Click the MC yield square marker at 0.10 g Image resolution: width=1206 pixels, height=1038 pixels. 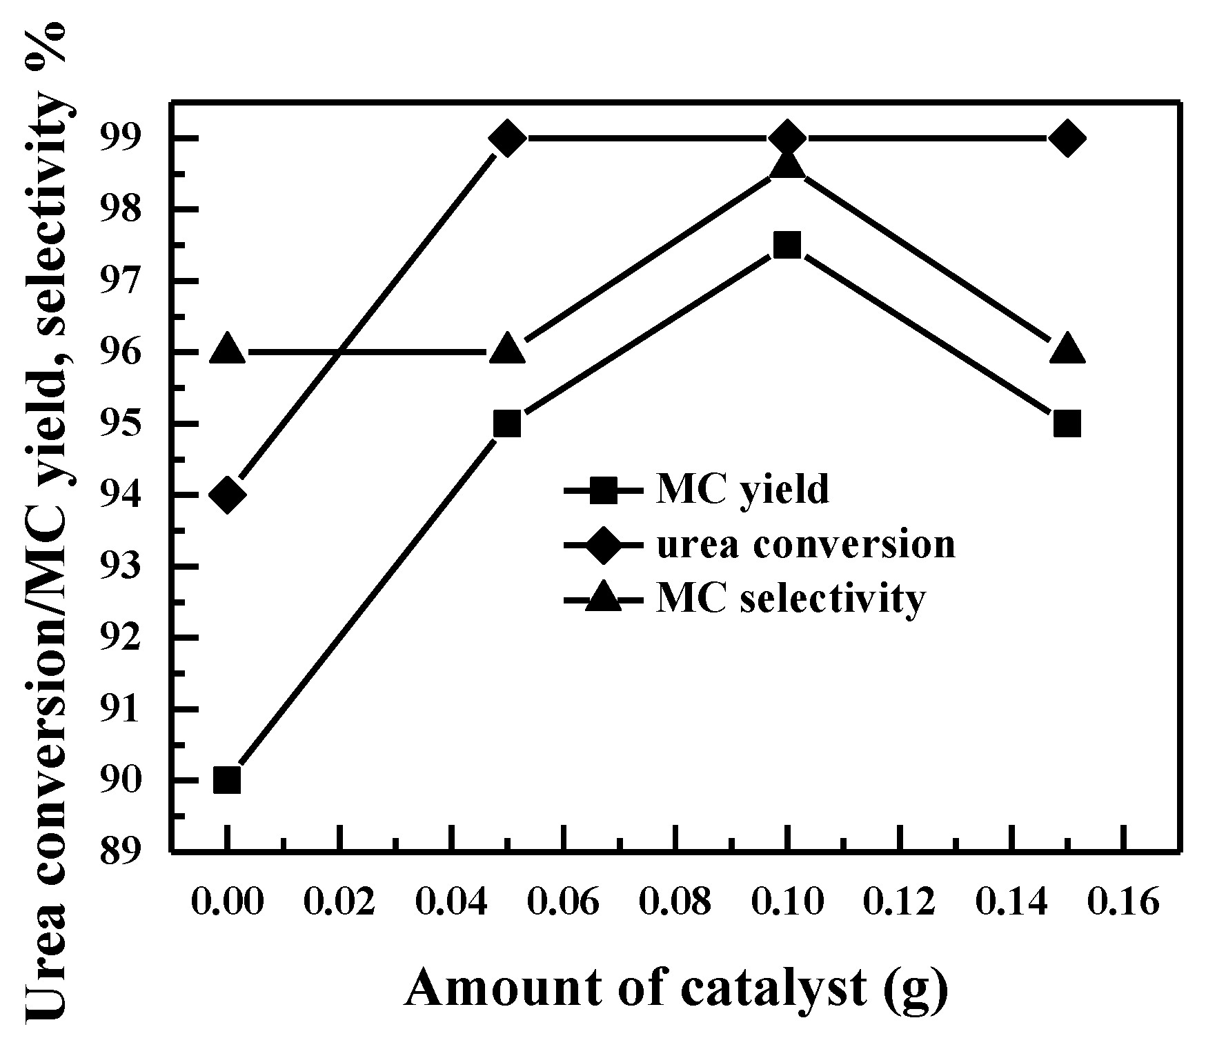(787, 246)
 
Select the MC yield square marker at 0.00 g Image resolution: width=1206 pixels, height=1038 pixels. (228, 781)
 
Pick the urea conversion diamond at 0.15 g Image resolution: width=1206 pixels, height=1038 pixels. (1067, 138)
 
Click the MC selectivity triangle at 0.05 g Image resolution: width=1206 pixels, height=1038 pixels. (508, 349)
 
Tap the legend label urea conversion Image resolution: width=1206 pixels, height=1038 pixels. (805, 545)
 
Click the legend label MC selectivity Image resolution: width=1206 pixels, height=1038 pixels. (789, 599)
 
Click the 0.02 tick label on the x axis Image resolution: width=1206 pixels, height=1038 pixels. (340, 902)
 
